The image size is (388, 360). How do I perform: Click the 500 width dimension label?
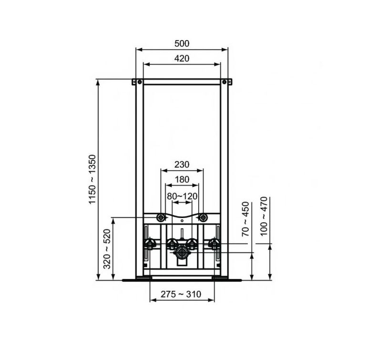[182, 43]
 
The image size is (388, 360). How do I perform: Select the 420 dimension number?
[182, 59]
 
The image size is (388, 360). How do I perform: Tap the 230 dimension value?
[182, 165]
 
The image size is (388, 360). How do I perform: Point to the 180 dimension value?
[182, 179]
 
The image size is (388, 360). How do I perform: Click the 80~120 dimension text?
[182, 196]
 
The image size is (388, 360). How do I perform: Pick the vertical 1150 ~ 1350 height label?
[92, 179]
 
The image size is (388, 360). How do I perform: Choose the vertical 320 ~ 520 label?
[107, 249]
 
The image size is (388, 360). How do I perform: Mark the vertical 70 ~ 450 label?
[245, 219]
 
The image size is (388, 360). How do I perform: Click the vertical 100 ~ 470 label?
[264, 216]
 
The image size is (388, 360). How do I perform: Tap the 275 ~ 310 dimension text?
[181, 294]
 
